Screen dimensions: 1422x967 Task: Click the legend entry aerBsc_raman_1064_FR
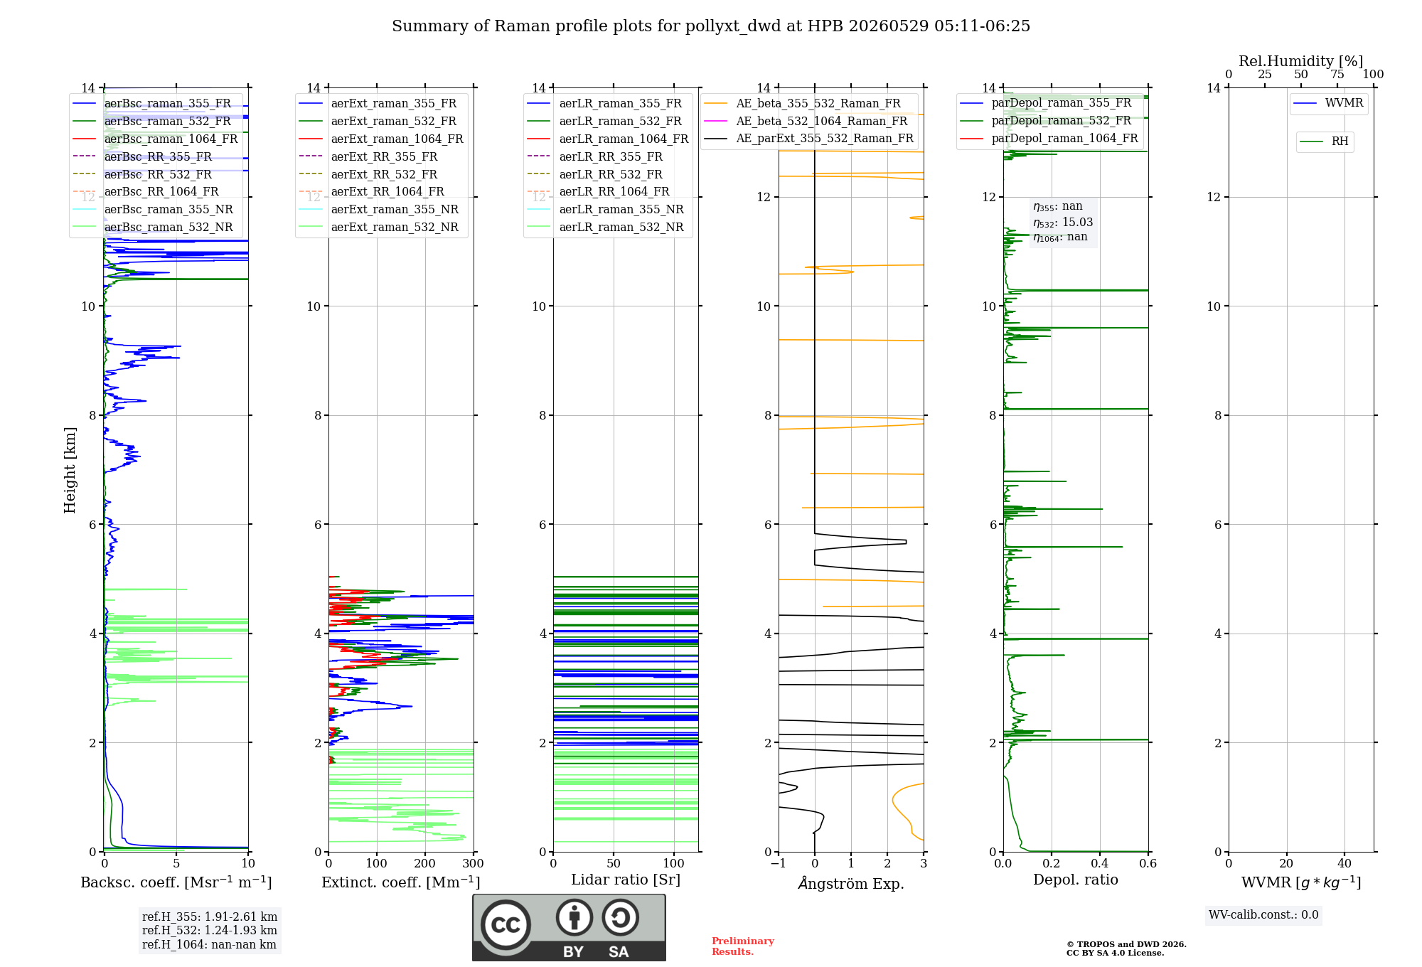click(x=156, y=139)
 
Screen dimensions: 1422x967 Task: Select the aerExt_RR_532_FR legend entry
click(x=368, y=174)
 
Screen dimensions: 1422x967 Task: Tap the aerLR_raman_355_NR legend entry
click(x=606, y=209)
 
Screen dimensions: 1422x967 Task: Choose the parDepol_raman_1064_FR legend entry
click(x=1049, y=138)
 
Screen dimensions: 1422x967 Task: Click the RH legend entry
click(x=1324, y=141)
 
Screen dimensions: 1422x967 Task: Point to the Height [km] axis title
click(x=70, y=470)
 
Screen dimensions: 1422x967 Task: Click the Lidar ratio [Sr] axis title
click(x=626, y=880)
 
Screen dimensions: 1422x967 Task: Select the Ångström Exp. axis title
click(x=851, y=883)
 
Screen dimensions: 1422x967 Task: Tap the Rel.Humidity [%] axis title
click(x=1301, y=61)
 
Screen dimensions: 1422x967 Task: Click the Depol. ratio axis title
click(x=1076, y=880)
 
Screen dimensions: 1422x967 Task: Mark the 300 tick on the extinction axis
click(x=474, y=863)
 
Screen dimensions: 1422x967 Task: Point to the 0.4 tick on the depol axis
click(x=1100, y=863)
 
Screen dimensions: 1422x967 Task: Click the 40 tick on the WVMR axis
click(x=1345, y=863)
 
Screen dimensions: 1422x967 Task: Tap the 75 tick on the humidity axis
click(x=1337, y=74)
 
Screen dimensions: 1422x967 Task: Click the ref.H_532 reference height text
click(x=210, y=930)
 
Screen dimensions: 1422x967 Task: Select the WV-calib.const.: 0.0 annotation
click(x=1263, y=915)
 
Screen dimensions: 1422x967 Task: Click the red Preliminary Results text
click(x=743, y=946)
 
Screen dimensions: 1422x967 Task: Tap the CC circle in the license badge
click(x=506, y=924)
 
